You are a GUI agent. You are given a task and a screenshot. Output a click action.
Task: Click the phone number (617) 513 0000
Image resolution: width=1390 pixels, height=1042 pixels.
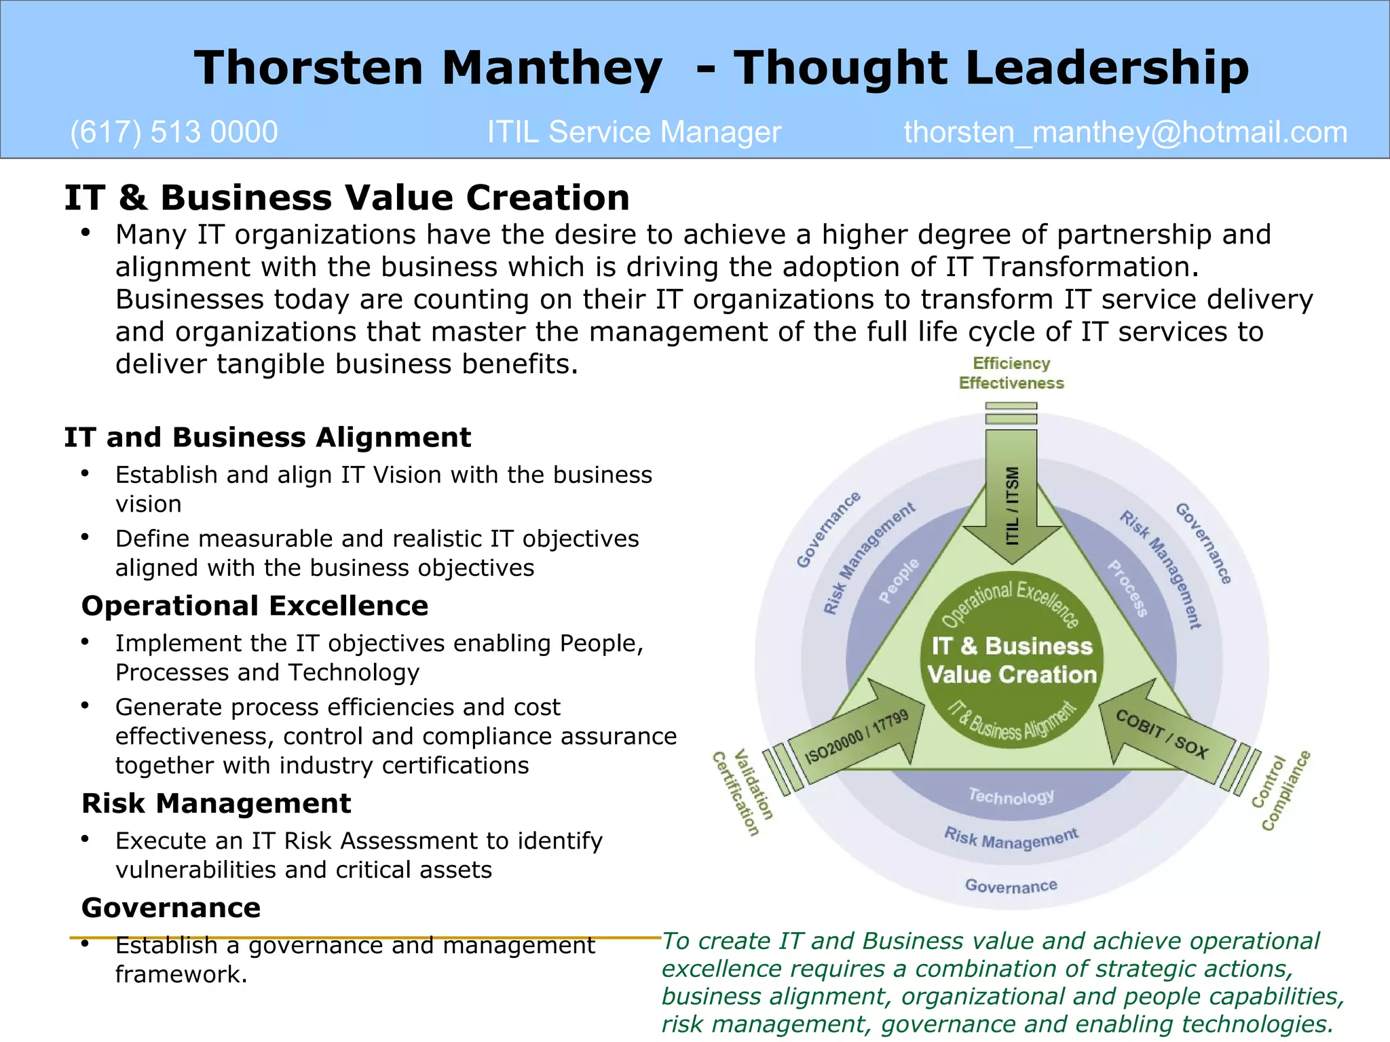click(x=174, y=132)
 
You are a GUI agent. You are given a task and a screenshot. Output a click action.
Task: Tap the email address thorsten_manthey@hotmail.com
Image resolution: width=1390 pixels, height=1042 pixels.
click(x=1125, y=132)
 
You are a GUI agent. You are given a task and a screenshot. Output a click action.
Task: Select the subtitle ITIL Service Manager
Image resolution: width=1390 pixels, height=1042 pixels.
click(x=634, y=132)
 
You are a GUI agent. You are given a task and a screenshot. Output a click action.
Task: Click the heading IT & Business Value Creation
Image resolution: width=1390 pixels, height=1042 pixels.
click(x=347, y=198)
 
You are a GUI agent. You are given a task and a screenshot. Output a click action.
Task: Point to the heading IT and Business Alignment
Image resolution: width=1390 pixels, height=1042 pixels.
click(x=267, y=438)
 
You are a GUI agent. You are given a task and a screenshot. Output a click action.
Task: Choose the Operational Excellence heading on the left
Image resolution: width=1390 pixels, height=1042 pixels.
click(x=255, y=606)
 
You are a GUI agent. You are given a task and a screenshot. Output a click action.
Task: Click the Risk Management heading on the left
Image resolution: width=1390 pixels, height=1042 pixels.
click(x=216, y=803)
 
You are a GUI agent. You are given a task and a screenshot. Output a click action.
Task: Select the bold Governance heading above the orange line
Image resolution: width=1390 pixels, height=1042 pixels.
click(x=171, y=908)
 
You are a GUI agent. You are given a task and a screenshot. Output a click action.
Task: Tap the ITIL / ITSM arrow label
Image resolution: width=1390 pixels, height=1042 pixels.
click(x=1012, y=505)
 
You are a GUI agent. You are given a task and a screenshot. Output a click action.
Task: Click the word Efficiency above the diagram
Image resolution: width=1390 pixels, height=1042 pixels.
click(x=1011, y=364)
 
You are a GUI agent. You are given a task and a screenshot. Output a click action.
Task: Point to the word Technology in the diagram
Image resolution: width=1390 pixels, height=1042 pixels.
click(x=1011, y=796)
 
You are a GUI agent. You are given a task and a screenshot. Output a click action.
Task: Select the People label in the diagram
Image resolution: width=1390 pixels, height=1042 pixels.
click(x=899, y=581)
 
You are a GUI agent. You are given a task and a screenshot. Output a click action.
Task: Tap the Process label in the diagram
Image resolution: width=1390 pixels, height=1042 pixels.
click(x=1127, y=588)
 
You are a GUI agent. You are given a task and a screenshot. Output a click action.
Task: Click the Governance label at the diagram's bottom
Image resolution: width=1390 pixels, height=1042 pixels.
click(x=1011, y=886)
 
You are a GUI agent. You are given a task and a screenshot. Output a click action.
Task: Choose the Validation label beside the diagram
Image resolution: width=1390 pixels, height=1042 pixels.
click(x=753, y=785)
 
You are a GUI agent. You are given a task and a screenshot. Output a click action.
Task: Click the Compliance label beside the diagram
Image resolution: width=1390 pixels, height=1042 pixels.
click(x=1285, y=791)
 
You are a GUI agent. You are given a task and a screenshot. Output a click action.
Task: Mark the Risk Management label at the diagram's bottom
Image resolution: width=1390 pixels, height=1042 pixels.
click(x=1011, y=839)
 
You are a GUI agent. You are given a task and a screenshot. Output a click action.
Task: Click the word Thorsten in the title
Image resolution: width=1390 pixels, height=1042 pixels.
click(x=309, y=68)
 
